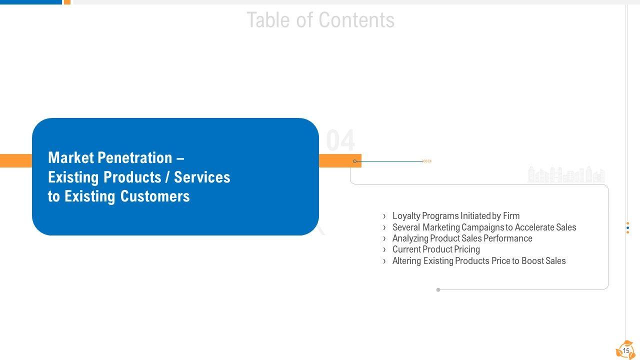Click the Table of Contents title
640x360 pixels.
coord(320,20)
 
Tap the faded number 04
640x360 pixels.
coord(340,140)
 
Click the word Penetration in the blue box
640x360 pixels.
coord(135,158)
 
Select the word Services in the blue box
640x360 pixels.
coord(202,177)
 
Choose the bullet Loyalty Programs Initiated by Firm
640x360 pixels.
coord(455,216)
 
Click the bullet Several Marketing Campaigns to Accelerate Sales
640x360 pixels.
coord(484,227)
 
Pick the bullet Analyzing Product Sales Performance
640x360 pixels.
coord(462,238)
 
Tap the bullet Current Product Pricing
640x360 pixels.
coord(436,249)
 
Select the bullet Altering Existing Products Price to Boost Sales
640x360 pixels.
coord(479,261)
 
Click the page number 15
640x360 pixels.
coord(626,351)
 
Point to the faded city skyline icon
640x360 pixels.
coord(566,174)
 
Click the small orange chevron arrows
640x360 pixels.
coord(427,161)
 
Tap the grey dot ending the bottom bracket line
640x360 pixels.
coord(438,290)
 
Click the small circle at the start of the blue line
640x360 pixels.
coord(355,161)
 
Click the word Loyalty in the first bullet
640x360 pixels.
coord(406,216)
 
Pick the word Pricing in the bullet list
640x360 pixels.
coord(467,249)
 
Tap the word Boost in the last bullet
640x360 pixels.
coord(532,261)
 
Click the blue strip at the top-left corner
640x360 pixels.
coord(30,2)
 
